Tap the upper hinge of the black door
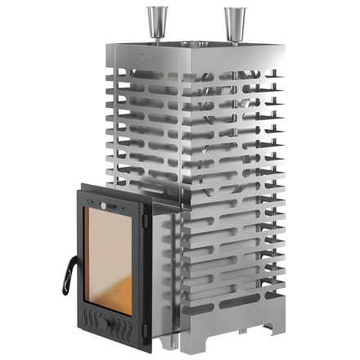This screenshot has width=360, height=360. click(145, 218)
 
